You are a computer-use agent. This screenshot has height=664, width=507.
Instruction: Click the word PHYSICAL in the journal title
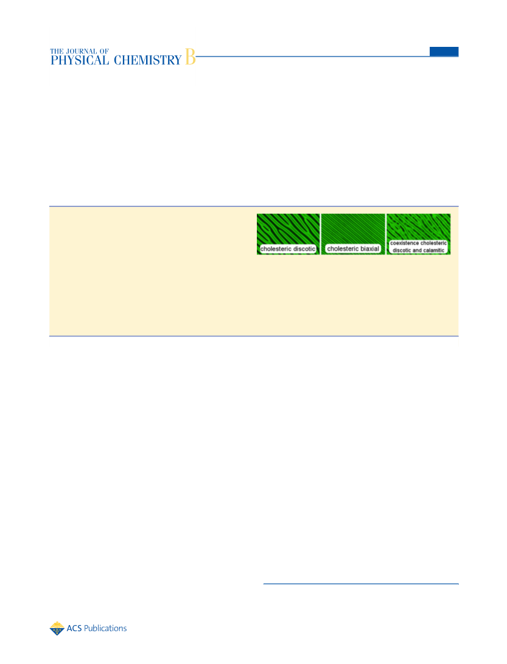coord(80,60)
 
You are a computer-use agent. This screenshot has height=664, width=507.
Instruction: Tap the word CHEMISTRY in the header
coord(148,60)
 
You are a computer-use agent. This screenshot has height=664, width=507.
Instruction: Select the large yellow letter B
coord(190,57)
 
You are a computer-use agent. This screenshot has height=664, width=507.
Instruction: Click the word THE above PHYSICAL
coord(57,51)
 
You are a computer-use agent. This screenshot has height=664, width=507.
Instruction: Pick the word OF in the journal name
coord(104,51)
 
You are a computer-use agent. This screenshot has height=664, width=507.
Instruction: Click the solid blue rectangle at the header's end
coord(444,51)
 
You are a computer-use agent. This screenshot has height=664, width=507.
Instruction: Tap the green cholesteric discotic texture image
coord(288,234)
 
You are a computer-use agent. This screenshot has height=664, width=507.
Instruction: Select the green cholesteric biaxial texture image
coord(353,234)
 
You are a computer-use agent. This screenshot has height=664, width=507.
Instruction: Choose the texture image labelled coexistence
coord(419,234)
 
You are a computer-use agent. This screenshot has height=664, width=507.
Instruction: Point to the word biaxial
coord(370,249)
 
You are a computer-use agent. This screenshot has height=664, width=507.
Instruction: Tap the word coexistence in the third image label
coord(405,243)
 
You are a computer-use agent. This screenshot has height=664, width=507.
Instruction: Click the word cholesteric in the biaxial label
coord(343,249)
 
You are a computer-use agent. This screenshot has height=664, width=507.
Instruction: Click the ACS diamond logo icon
coord(57,629)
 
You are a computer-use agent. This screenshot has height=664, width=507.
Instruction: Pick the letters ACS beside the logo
coord(74,629)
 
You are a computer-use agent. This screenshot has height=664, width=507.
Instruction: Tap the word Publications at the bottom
coord(105,629)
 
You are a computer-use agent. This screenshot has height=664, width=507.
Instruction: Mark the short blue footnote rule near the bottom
coord(361,584)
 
